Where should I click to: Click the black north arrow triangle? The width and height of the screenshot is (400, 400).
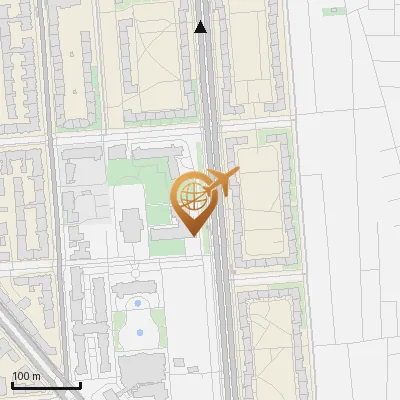201,27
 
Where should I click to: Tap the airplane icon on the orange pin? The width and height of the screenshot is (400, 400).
222,183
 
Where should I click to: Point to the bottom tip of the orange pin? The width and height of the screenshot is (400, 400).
191,235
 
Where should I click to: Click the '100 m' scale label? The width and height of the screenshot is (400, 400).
27,376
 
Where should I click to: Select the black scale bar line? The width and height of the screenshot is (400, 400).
45,385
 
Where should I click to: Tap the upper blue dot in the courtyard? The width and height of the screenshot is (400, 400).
137,302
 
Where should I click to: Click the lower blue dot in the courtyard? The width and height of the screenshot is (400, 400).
139,331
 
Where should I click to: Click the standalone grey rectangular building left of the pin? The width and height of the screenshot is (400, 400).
131,225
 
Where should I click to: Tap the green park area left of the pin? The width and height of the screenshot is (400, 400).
140,185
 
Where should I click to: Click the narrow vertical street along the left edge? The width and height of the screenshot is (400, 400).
47,200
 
